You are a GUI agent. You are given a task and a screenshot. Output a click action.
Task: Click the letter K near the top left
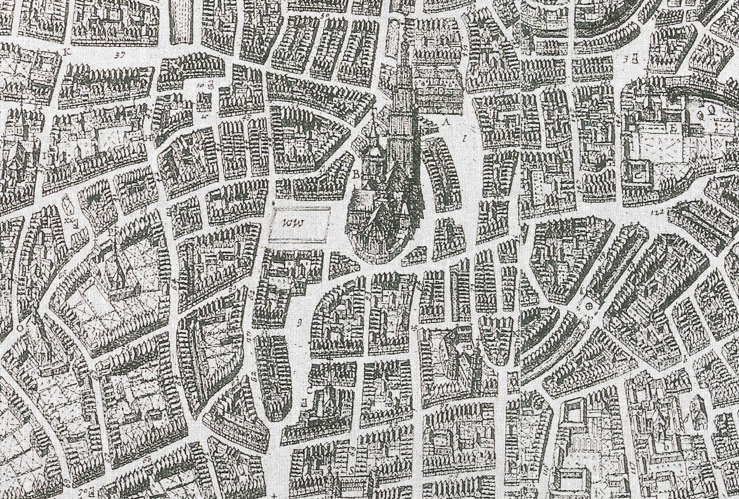click(67, 52)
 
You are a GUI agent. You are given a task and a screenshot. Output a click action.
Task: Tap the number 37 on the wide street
click(119, 56)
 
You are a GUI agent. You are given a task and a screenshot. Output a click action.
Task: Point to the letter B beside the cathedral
click(357, 176)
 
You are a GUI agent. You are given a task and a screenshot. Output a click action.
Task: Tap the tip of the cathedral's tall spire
click(402, 48)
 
